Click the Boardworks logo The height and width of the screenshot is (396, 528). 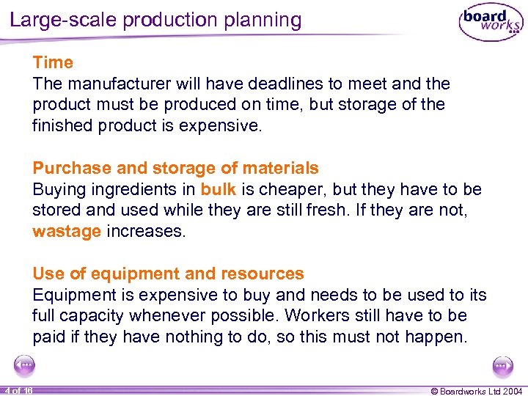[491, 25]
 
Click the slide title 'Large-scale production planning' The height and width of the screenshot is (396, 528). [155, 20]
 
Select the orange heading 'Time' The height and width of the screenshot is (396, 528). [53, 63]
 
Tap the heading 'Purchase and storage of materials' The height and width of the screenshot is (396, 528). [175, 169]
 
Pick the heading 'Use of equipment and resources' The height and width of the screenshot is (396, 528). [168, 274]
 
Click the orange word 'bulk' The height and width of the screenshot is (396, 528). [218, 189]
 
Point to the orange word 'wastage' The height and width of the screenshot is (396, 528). [67, 232]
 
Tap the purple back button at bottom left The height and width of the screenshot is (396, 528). [25, 365]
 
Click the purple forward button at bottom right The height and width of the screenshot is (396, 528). [503, 365]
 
